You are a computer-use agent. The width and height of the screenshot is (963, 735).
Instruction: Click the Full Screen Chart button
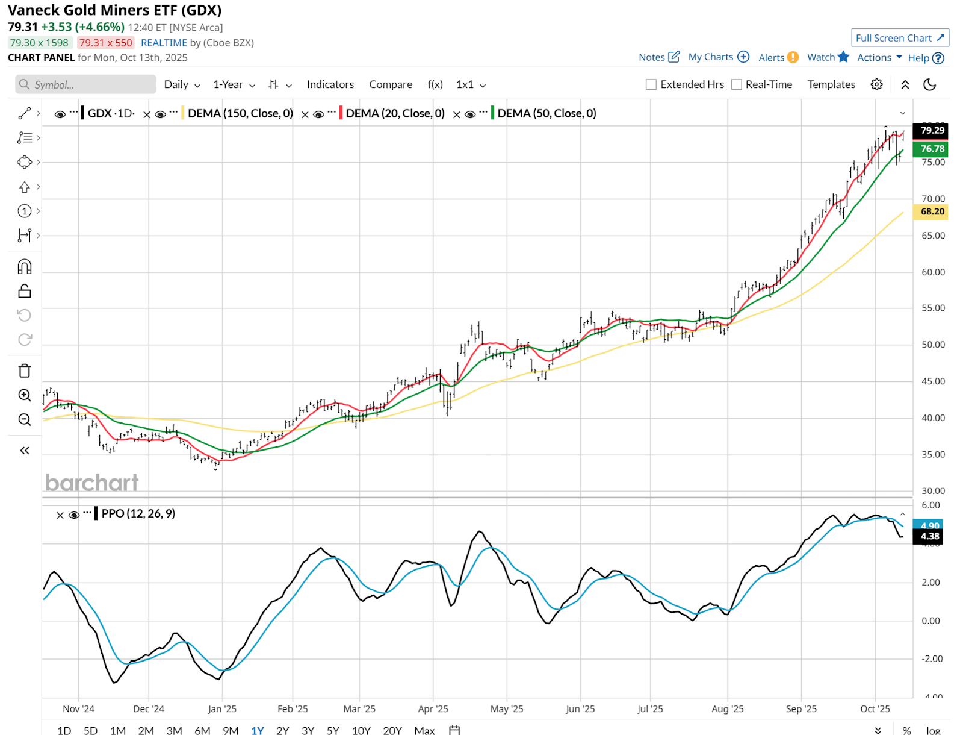coord(900,38)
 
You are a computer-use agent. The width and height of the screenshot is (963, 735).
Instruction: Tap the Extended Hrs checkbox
coord(651,84)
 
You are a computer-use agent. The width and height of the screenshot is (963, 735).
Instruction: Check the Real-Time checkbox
coord(737,84)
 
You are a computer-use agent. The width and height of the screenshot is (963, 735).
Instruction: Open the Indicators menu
coord(330,84)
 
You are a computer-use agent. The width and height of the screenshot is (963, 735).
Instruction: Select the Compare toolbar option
coord(391,84)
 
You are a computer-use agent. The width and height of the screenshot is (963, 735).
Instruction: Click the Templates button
coord(831,84)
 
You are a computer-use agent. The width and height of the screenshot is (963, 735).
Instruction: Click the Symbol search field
coord(86,84)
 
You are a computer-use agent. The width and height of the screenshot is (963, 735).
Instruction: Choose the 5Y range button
coord(333,730)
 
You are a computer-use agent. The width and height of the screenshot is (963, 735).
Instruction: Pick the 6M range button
coord(202,730)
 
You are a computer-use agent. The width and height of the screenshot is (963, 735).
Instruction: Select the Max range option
coord(424,730)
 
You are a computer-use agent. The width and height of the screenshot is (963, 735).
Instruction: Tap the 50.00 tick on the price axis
coord(933,345)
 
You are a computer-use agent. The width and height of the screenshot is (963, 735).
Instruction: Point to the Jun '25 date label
coord(580,709)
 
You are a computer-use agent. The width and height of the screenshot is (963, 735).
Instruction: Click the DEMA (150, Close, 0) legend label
coord(240,113)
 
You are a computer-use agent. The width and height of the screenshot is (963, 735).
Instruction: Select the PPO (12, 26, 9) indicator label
coord(138,513)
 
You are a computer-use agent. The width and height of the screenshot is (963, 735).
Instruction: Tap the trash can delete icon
coord(25,371)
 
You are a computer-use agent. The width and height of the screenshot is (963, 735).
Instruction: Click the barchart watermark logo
coord(91,483)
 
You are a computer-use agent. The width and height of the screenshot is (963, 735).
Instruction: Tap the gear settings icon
coord(876,84)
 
